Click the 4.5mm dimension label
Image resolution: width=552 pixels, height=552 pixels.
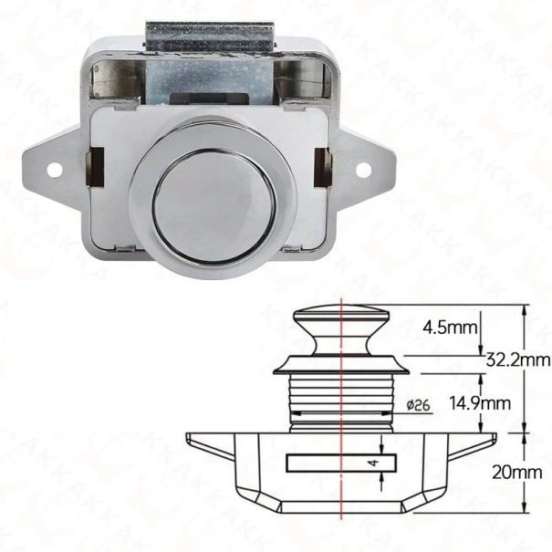450,328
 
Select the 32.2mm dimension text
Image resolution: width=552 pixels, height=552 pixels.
518,359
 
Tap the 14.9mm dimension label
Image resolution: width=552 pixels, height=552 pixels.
480,403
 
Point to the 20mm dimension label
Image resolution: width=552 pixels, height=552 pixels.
516,472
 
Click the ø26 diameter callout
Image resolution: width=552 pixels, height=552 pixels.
419,405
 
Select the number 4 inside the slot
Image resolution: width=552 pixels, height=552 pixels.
375,462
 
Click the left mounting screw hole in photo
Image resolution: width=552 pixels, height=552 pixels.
56,170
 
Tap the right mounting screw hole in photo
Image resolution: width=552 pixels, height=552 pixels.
363,170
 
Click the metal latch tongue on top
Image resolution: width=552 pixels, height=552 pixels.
210,37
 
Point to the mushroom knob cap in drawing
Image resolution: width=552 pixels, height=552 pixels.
342,315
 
